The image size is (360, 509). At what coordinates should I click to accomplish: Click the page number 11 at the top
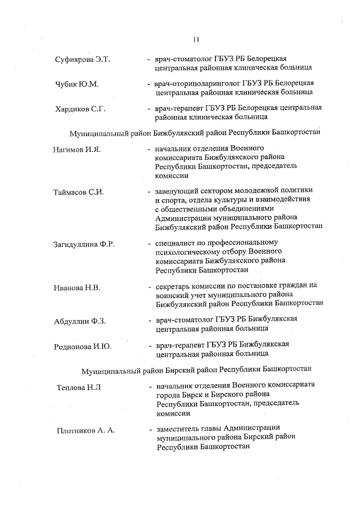point(195,39)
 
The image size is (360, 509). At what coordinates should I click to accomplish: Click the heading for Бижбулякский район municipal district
point(195,133)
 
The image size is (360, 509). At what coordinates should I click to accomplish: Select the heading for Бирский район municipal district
point(196,371)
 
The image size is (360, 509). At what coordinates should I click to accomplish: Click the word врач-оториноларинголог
point(194,83)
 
